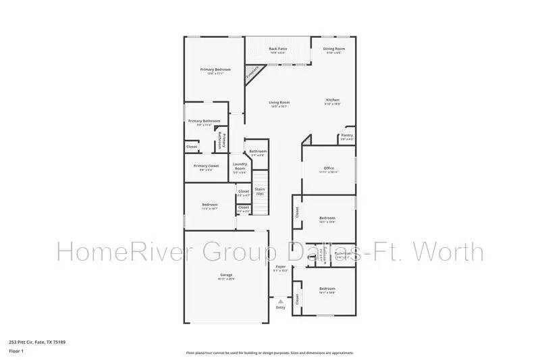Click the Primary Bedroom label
click(215, 70)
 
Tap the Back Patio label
click(277, 49)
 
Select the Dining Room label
click(334, 49)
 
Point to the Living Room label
click(279, 103)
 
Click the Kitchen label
click(332, 100)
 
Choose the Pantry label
click(347, 135)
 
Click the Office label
click(329, 168)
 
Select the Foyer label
click(281, 267)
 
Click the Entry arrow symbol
click(281, 301)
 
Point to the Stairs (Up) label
click(259, 191)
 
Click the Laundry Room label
click(240, 166)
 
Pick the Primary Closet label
click(206, 166)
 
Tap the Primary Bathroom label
click(204, 122)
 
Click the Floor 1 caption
click(16, 351)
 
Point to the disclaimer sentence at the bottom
click(269, 353)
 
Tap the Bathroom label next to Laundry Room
click(258, 151)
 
